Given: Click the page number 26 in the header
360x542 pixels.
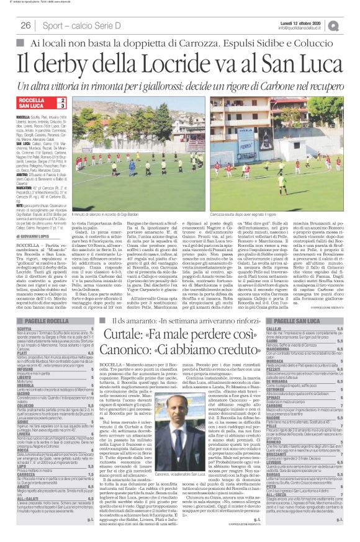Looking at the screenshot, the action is point(26,25).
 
